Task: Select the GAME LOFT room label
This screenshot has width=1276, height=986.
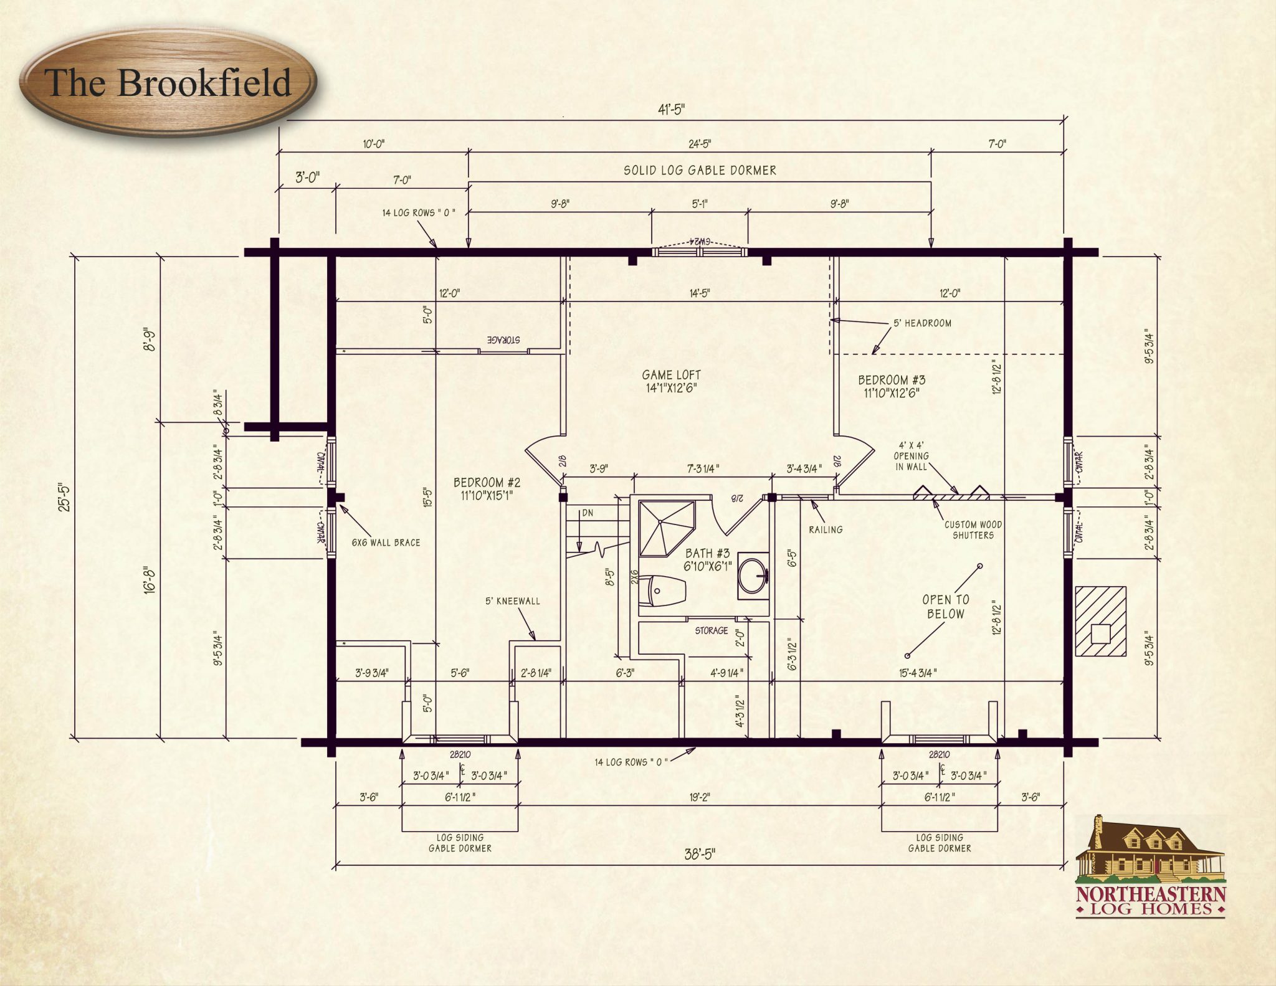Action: coord(671,381)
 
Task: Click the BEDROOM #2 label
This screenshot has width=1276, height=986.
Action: coord(487,489)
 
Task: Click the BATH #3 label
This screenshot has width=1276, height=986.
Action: coord(707,559)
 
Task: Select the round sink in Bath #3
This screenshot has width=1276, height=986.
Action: coord(753,576)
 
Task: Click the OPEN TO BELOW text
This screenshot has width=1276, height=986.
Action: coord(945,607)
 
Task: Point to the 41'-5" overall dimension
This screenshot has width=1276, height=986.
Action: coord(671,110)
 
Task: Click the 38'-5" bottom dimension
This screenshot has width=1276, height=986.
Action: coord(700,854)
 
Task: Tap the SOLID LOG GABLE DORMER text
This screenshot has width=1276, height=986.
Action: coord(700,170)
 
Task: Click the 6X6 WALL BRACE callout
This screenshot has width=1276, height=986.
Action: coord(386,543)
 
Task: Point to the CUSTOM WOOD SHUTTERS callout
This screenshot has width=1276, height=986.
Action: coord(973,530)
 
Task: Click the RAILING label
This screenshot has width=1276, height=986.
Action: coord(826,529)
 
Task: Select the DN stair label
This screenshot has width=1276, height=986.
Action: coord(587,513)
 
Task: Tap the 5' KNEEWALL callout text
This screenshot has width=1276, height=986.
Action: coord(513,601)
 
